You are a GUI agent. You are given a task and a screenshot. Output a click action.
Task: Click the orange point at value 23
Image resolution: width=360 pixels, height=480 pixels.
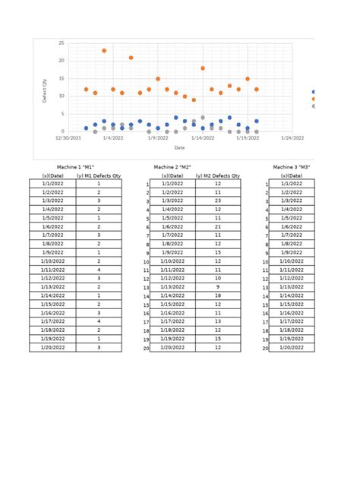(x=104, y=51)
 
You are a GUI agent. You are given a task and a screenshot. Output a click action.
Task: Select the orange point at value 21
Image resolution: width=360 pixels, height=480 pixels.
(x=131, y=58)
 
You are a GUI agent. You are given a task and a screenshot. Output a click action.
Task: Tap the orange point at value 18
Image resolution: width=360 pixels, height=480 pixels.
(x=203, y=68)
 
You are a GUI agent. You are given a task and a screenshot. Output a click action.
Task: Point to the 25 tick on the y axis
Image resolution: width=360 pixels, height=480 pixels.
(x=62, y=43)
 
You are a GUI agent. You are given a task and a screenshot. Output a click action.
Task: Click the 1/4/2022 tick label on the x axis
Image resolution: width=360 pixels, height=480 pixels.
(x=112, y=138)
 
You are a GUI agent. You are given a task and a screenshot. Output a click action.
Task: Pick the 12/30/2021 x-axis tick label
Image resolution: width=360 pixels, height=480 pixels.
(x=68, y=138)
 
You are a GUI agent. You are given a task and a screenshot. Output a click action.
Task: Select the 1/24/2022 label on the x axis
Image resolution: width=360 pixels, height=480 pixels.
(x=292, y=138)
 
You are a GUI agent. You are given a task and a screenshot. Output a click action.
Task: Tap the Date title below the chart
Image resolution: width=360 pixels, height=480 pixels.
(x=180, y=147)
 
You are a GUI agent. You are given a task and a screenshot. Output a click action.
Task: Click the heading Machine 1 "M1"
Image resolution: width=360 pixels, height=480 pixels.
(x=75, y=167)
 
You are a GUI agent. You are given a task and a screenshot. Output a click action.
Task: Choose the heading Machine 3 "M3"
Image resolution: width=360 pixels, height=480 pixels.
(x=292, y=167)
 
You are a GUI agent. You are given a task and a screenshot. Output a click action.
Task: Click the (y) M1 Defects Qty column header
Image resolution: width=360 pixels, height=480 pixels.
(x=99, y=175)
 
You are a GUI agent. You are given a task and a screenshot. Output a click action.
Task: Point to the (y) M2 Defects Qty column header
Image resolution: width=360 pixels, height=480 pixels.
(x=218, y=175)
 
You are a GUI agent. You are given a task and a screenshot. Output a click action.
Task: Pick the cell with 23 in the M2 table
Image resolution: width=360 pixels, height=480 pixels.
(x=218, y=201)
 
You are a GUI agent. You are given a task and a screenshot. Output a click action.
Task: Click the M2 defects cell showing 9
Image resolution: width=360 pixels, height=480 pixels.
(x=218, y=287)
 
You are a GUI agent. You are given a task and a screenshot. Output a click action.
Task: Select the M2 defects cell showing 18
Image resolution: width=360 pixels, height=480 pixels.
(x=218, y=295)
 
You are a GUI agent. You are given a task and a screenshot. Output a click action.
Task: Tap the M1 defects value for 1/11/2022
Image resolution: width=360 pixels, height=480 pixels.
(x=99, y=270)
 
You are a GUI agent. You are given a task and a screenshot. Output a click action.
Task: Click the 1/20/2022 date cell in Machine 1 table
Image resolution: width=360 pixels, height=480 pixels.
(x=52, y=347)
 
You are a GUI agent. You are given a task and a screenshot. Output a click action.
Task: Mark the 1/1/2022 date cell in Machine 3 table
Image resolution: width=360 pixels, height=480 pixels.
(x=292, y=184)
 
